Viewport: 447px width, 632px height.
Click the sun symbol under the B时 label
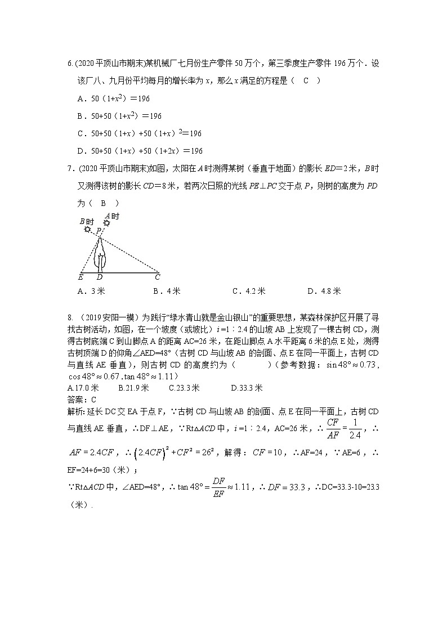(x=87, y=229)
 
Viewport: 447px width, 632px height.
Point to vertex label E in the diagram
(x=81, y=277)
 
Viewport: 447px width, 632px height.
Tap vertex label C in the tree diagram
(x=157, y=277)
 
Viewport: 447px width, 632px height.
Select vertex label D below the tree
(x=100, y=277)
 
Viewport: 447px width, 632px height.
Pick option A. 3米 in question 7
(x=92, y=291)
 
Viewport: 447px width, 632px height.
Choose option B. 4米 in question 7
(x=167, y=291)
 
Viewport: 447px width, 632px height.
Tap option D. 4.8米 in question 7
(x=324, y=291)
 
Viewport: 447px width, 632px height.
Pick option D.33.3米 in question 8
(x=247, y=388)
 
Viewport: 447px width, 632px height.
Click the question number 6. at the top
(x=70, y=64)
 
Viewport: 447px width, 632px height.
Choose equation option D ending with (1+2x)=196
(x=140, y=151)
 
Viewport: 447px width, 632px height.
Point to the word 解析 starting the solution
(x=74, y=411)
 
